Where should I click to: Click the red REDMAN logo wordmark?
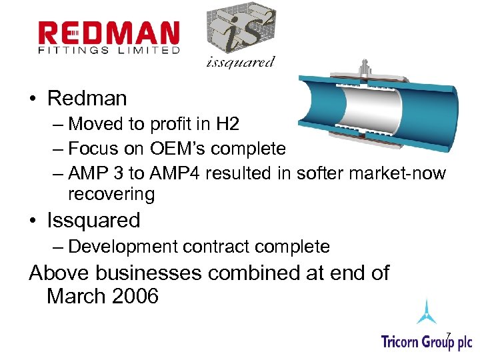pos(109,33)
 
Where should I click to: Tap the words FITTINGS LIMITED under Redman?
pos(109,50)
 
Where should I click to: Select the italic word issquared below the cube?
pos(240,63)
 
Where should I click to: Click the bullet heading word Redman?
pos(87,99)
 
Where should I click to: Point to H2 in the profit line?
pos(228,124)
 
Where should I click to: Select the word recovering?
pos(111,195)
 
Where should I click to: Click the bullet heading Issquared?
pos(93,220)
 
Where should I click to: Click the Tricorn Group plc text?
pos(426,341)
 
